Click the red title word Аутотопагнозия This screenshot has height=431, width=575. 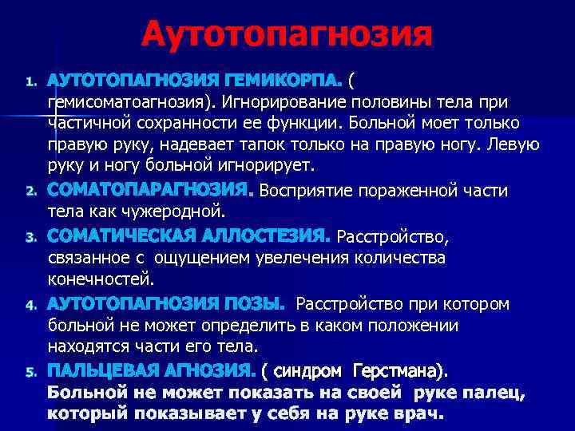[x=287, y=35]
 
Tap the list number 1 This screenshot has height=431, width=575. [x=30, y=81]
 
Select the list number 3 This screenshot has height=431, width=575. [x=30, y=238]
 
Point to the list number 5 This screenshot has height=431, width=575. [x=30, y=372]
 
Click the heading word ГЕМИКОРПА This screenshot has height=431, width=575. [x=284, y=81]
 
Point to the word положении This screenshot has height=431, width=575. [x=399, y=326]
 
